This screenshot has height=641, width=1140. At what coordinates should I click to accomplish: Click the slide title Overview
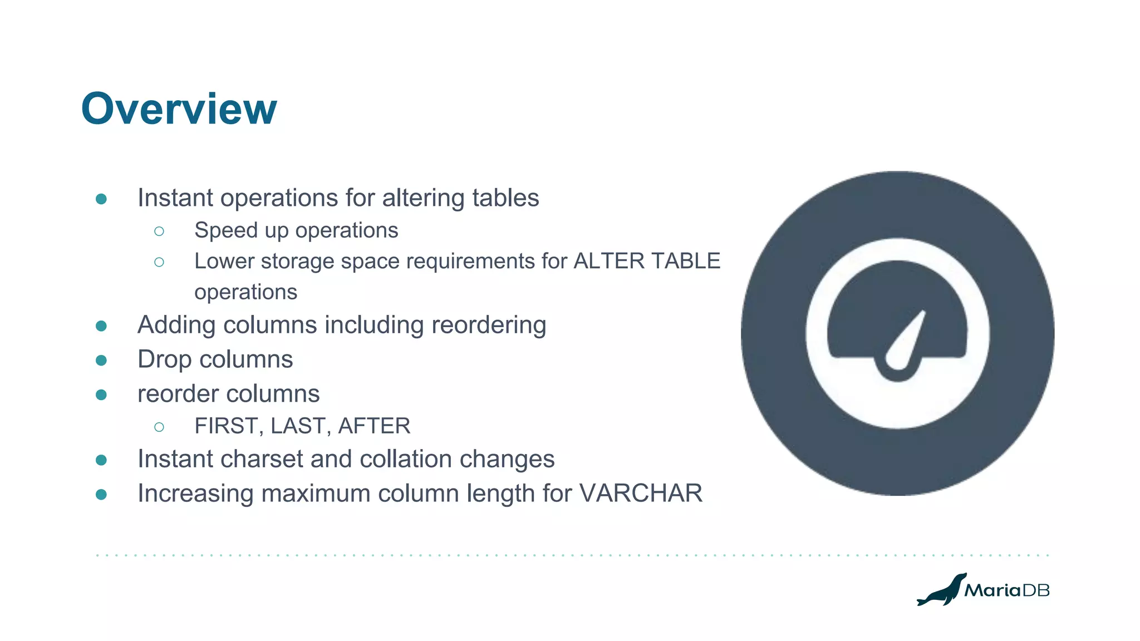(179, 109)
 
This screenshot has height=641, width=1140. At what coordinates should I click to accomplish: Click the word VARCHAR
(641, 494)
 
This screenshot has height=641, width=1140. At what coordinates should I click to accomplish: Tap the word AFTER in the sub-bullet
(374, 426)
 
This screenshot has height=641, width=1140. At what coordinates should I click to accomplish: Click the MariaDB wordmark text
(1007, 590)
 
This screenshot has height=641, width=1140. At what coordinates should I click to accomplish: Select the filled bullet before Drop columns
(101, 361)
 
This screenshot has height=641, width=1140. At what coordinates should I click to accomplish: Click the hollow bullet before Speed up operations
(159, 231)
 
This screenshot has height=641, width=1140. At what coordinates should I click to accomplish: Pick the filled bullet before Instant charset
(101, 460)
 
